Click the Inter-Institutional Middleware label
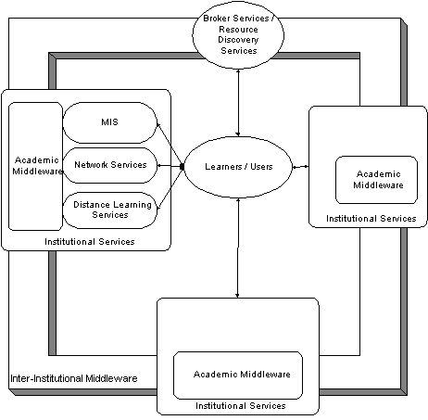[x=74, y=378]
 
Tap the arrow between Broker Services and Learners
[x=238, y=103]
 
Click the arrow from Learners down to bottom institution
[x=238, y=248]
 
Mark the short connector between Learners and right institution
[x=300, y=167]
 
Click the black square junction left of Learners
[x=182, y=167]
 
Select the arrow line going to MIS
[x=170, y=145]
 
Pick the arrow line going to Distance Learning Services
[x=170, y=188]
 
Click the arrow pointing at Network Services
[x=169, y=166]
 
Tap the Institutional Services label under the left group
[x=90, y=242]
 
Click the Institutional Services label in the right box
[x=371, y=219]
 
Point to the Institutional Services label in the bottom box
[x=241, y=406]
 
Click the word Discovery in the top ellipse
[x=238, y=40]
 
